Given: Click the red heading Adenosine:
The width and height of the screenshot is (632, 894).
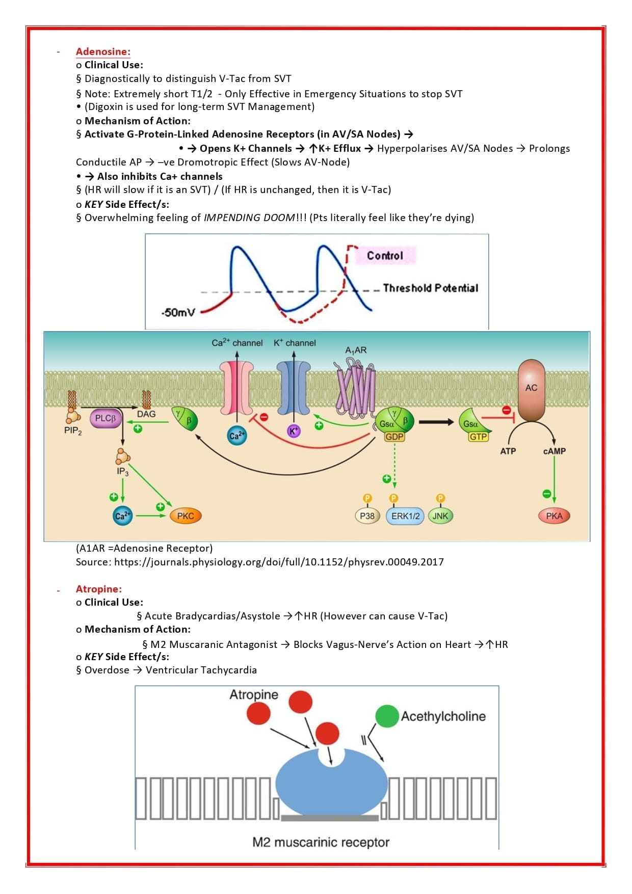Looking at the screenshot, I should pyautogui.click(x=103, y=51).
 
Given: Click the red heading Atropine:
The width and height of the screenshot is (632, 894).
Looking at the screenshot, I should pyautogui.click(x=99, y=589).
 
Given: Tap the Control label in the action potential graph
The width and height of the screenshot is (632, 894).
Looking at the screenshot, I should pyautogui.click(x=385, y=255).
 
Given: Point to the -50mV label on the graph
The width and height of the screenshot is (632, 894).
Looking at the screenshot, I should pyautogui.click(x=178, y=312).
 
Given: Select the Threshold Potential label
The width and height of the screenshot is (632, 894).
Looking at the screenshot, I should pyautogui.click(x=430, y=288).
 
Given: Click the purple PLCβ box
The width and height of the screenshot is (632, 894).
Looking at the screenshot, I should pyautogui.click(x=106, y=418).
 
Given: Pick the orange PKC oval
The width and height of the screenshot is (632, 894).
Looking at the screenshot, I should pyautogui.click(x=186, y=516).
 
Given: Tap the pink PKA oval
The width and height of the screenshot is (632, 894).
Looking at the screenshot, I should pyautogui.click(x=554, y=516).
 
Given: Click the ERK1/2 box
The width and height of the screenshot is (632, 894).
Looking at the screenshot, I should pyautogui.click(x=405, y=516).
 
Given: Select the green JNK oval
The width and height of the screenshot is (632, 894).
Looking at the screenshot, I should pyautogui.click(x=440, y=516).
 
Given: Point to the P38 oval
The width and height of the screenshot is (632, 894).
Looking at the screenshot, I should pyautogui.click(x=367, y=516).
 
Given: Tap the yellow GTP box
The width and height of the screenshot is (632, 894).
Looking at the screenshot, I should pyautogui.click(x=478, y=437).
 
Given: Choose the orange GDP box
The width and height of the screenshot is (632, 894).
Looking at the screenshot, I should pyautogui.click(x=394, y=437).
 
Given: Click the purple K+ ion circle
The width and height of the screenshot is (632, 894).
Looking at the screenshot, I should pyautogui.click(x=294, y=431).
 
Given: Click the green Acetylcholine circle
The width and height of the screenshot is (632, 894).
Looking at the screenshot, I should pyautogui.click(x=387, y=716).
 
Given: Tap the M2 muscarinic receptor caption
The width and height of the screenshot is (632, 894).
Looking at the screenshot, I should pyautogui.click(x=321, y=842).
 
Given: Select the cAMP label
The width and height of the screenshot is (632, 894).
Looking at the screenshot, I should pyautogui.click(x=554, y=451).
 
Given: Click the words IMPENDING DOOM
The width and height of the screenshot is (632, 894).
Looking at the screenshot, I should pyautogui.click(x=249, y=218).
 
